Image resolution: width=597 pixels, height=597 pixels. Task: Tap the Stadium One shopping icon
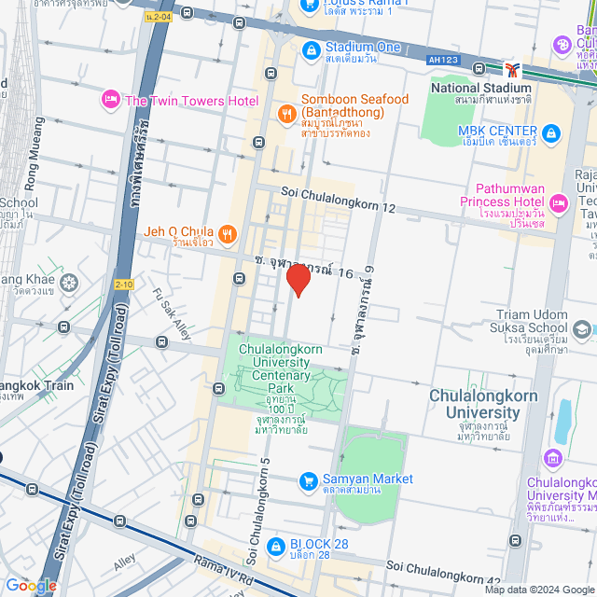click(311, 48)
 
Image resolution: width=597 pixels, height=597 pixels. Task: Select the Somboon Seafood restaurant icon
click(287, 113)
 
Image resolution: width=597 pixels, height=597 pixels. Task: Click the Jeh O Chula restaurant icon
click(227, 232)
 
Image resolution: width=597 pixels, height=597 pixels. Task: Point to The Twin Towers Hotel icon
click(111, 99)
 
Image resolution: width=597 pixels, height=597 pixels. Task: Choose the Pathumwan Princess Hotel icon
click(559, 202)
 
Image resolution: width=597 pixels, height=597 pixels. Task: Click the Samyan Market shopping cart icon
click(308, 481)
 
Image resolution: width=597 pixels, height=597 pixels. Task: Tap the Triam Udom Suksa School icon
click(582, 329)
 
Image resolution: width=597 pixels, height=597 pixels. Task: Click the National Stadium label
click(481, 89)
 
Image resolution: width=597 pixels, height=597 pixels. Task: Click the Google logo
click(31, 586)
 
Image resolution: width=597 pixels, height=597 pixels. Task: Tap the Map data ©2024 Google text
click(536, 590)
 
